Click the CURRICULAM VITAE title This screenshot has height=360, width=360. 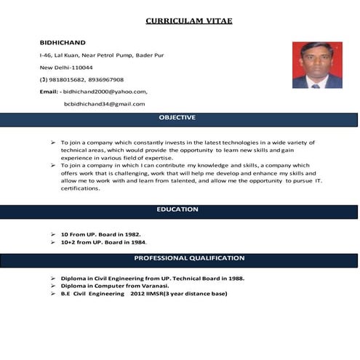click(x=189, y=20)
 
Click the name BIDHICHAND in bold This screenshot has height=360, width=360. click(x=63, y=42)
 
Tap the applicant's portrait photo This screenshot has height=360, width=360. click(x=317, y=65)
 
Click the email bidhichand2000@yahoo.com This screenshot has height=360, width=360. click(x=105, y=92)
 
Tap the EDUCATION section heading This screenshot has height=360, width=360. click(x=177, y=209)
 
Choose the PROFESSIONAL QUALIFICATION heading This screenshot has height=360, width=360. click(x=189, y=258)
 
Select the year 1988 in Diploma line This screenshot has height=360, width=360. click(x=236, y=279)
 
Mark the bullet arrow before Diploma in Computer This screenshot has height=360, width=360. click(x=54, y=286)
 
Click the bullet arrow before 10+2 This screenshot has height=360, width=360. click(x=54, y=241)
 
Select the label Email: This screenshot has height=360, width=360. click(x=48, y=92)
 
